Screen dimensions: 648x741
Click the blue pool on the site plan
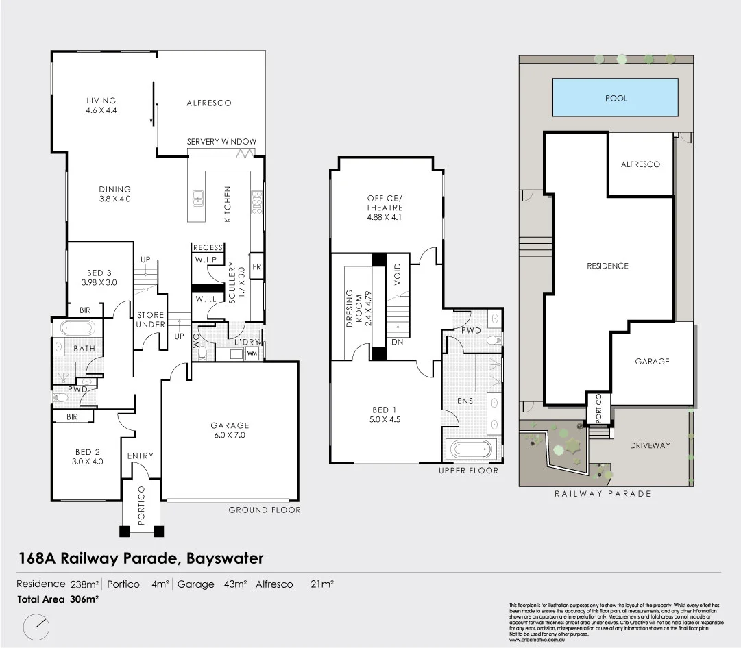tap(615, 98)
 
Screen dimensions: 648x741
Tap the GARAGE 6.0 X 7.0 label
tap(229, 430)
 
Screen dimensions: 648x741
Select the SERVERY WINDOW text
tap(221, 142)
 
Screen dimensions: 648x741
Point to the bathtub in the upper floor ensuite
tap(469, 450)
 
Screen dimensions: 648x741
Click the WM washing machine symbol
tap(251, 353)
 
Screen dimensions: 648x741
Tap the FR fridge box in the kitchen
tap(257, 266)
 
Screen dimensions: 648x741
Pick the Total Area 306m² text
tap(58, 599)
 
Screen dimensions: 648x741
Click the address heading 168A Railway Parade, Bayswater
tap(141, 558)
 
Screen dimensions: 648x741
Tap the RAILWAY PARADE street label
tap(602, 493)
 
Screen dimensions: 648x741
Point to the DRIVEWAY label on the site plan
tap(651, 445)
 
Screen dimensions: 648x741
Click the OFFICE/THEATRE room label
tap(385, 208)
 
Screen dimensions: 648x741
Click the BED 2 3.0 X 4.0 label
tap(88, 456)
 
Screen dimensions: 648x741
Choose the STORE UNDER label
tap(150, 320)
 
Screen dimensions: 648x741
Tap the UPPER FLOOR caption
tap(469, 471)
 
